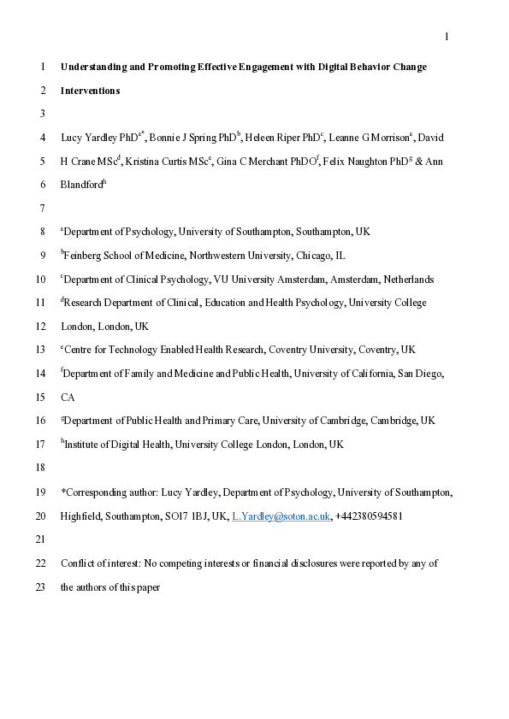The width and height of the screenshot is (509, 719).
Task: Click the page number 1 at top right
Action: pyautogui.click(x=447, y=36)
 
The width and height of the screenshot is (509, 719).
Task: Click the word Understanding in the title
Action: pyautogui.click(x=93, y=67)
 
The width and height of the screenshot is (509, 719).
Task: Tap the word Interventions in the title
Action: pyautogui.click(x=90, y=90)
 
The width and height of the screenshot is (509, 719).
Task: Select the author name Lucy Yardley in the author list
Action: pyautogui.click(x=88, y=137)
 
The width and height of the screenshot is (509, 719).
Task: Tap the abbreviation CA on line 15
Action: pyautogui.click(x=68, y=398)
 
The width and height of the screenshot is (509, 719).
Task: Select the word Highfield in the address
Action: pyautogui.click(x=81, y=516)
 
